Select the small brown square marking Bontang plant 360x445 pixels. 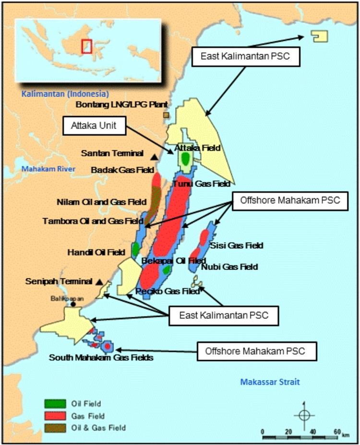click(166, 115)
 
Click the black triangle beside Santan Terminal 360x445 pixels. click(154, 156)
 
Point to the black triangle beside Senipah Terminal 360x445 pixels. click(99, 281)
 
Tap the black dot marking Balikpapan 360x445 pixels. click(73, 304)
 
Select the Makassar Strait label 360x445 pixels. click(270, 382)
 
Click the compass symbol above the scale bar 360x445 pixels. click(303, 415)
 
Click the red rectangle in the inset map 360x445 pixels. click(86, 46)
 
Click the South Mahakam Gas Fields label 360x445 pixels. click(101, 357)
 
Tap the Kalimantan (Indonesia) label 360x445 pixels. click(65, 94)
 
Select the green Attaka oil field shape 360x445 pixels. click(185, 158)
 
